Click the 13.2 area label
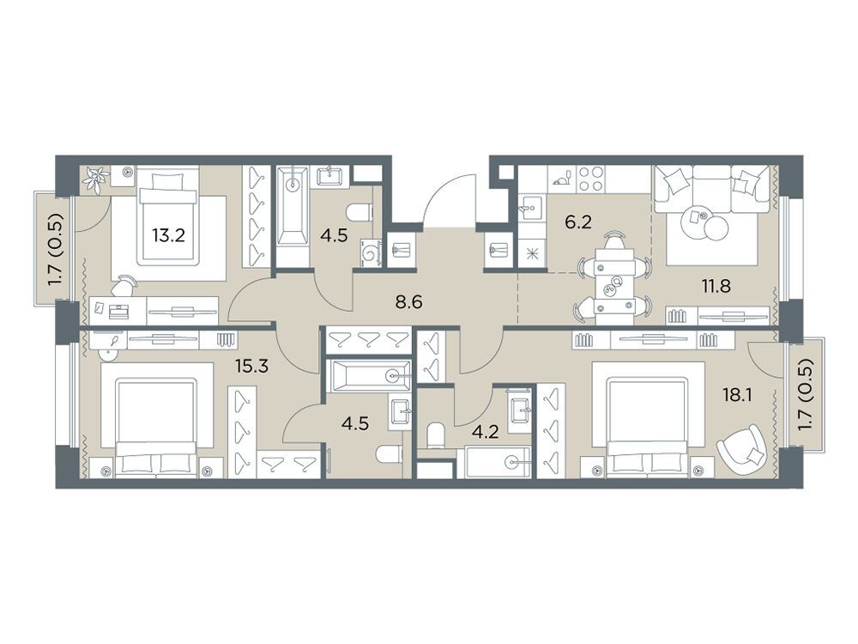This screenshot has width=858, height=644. coord(168,235)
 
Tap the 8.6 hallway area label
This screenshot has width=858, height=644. coord(409,301)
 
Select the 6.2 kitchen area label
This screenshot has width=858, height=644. coord(578,223)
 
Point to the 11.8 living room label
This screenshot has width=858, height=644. coord(716,286)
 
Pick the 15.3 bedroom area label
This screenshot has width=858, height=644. coord(251,365)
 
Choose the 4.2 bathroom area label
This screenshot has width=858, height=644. coord(485,432)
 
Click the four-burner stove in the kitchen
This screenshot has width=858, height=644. coord(590,179)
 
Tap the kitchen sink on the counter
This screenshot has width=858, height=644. coord(529,208)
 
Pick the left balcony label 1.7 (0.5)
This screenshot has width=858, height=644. coord(55,249)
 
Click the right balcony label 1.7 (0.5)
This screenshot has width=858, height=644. coord(804,394)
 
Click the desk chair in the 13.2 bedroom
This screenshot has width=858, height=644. coord(124,285)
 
